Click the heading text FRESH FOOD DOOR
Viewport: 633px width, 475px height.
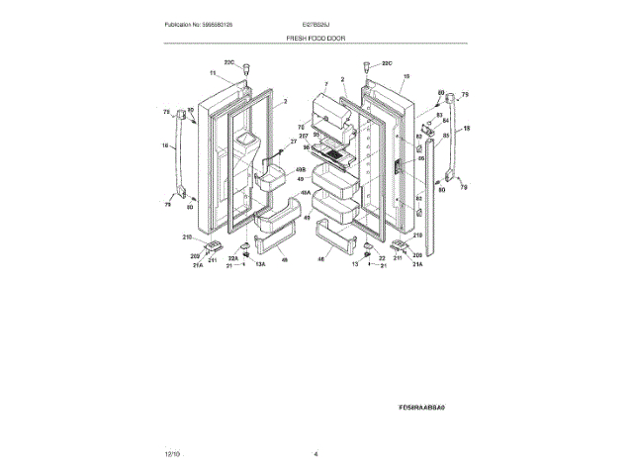[316, 38]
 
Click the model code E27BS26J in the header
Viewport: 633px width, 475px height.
[316, 24]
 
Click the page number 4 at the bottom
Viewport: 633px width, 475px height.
[316, 453]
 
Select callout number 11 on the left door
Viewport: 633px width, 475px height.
[212, 74]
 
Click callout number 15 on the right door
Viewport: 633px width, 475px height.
[406, 76]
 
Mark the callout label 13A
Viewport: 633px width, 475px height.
[261, 266]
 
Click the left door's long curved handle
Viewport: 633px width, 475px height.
[180, 156]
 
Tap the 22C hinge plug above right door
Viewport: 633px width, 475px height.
[367, 69]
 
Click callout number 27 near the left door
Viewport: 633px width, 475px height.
[293, 142]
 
